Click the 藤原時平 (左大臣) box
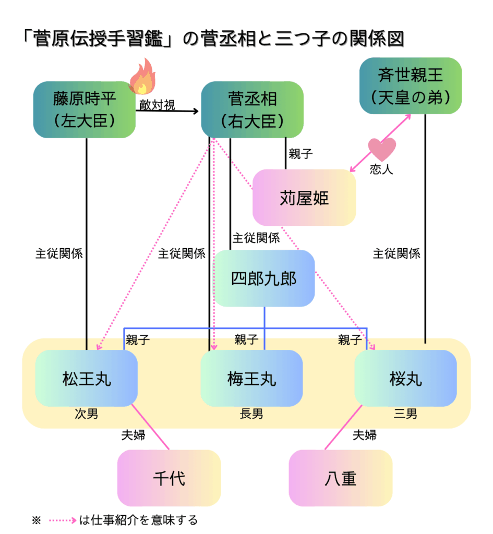click(85, 110)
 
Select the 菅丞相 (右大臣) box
click(252, 110)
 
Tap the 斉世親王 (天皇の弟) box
click(411, 86)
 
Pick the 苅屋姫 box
click(304, 198)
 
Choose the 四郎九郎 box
click(264, 278)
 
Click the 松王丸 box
click(86, 378)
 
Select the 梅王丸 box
click(251, 378)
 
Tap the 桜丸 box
click(405, 378)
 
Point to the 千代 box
click(169, 478)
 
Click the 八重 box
click(340, 478)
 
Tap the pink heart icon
click(382, 150)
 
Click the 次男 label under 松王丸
click(86, 414)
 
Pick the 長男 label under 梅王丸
click(251, 414)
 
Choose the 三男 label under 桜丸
click(405, 414)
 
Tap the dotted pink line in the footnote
click(63, 520)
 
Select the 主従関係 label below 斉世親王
click(396, 254)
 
